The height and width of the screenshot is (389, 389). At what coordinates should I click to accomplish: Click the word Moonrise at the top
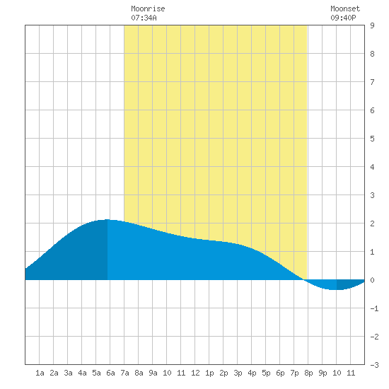pos(148,8)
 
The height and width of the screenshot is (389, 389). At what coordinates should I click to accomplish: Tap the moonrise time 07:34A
pos(144,18)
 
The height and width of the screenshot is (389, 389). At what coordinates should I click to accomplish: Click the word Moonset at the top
pos(345,8)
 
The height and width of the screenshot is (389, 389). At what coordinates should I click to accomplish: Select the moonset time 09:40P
pos(343,18)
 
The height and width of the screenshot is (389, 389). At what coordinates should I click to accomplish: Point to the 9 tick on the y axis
pos(372,25)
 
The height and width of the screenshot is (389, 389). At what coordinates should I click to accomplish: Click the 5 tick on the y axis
pos(372,139)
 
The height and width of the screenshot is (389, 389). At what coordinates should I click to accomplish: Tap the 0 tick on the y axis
pos(372,280)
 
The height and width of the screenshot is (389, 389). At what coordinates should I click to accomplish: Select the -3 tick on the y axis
pos(374,365)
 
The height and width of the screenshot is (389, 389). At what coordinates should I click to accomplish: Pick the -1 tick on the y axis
pos(374,308)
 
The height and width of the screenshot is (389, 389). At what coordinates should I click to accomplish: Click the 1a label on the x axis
pos(40,373)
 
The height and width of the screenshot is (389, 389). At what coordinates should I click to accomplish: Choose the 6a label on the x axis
pos(110,373)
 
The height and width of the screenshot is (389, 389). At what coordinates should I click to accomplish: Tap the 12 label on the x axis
pos(195,373)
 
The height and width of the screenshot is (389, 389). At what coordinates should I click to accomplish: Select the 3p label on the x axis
pos(238,373)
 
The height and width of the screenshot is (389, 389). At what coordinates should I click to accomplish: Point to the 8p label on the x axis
pos(308,373)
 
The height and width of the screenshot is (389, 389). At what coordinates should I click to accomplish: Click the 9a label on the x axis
pos(153,373)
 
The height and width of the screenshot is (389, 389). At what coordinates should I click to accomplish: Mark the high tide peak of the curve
pos(108,219)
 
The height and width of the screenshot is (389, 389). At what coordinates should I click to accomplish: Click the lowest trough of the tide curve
pos(335,289)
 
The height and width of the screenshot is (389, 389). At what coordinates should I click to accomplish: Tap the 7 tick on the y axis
pos(372,82)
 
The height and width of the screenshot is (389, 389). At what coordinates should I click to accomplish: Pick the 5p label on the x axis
pos(266,373)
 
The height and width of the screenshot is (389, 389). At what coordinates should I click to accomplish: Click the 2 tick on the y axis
pos(372,223)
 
